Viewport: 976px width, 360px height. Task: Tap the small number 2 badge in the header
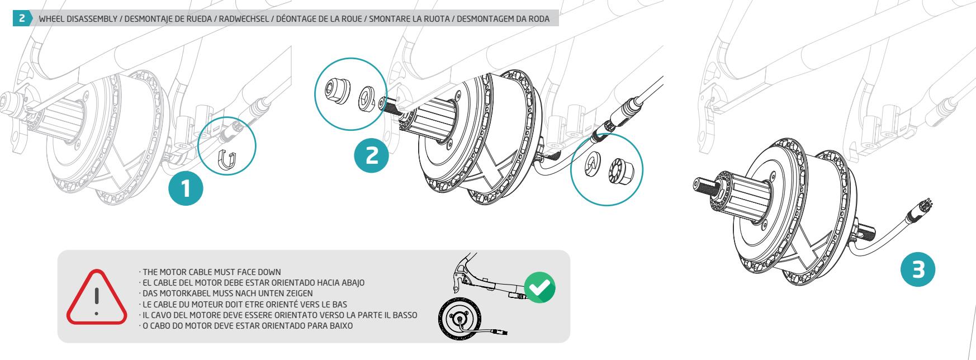click(21, 19)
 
